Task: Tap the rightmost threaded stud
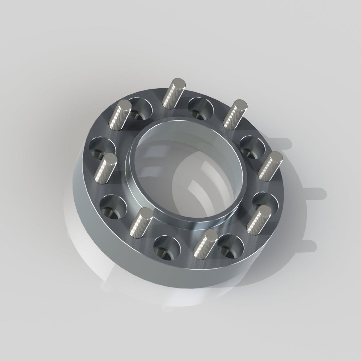(x=270, y=166)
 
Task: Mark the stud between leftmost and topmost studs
(x=121, y=115)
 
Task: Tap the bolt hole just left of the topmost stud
(x=140, y=109)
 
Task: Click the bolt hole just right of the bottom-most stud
(x=231, y=247)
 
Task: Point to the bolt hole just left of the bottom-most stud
(x=167, y=248)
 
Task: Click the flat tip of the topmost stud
(x=179, y=82)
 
